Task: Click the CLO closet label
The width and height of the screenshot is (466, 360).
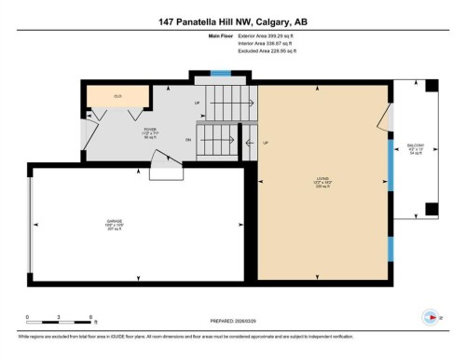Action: (117, 96)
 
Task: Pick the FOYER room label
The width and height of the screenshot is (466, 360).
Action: (150, 132)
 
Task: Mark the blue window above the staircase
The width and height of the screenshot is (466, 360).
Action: (220, 74)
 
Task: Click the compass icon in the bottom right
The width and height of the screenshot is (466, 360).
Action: (430, 315)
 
